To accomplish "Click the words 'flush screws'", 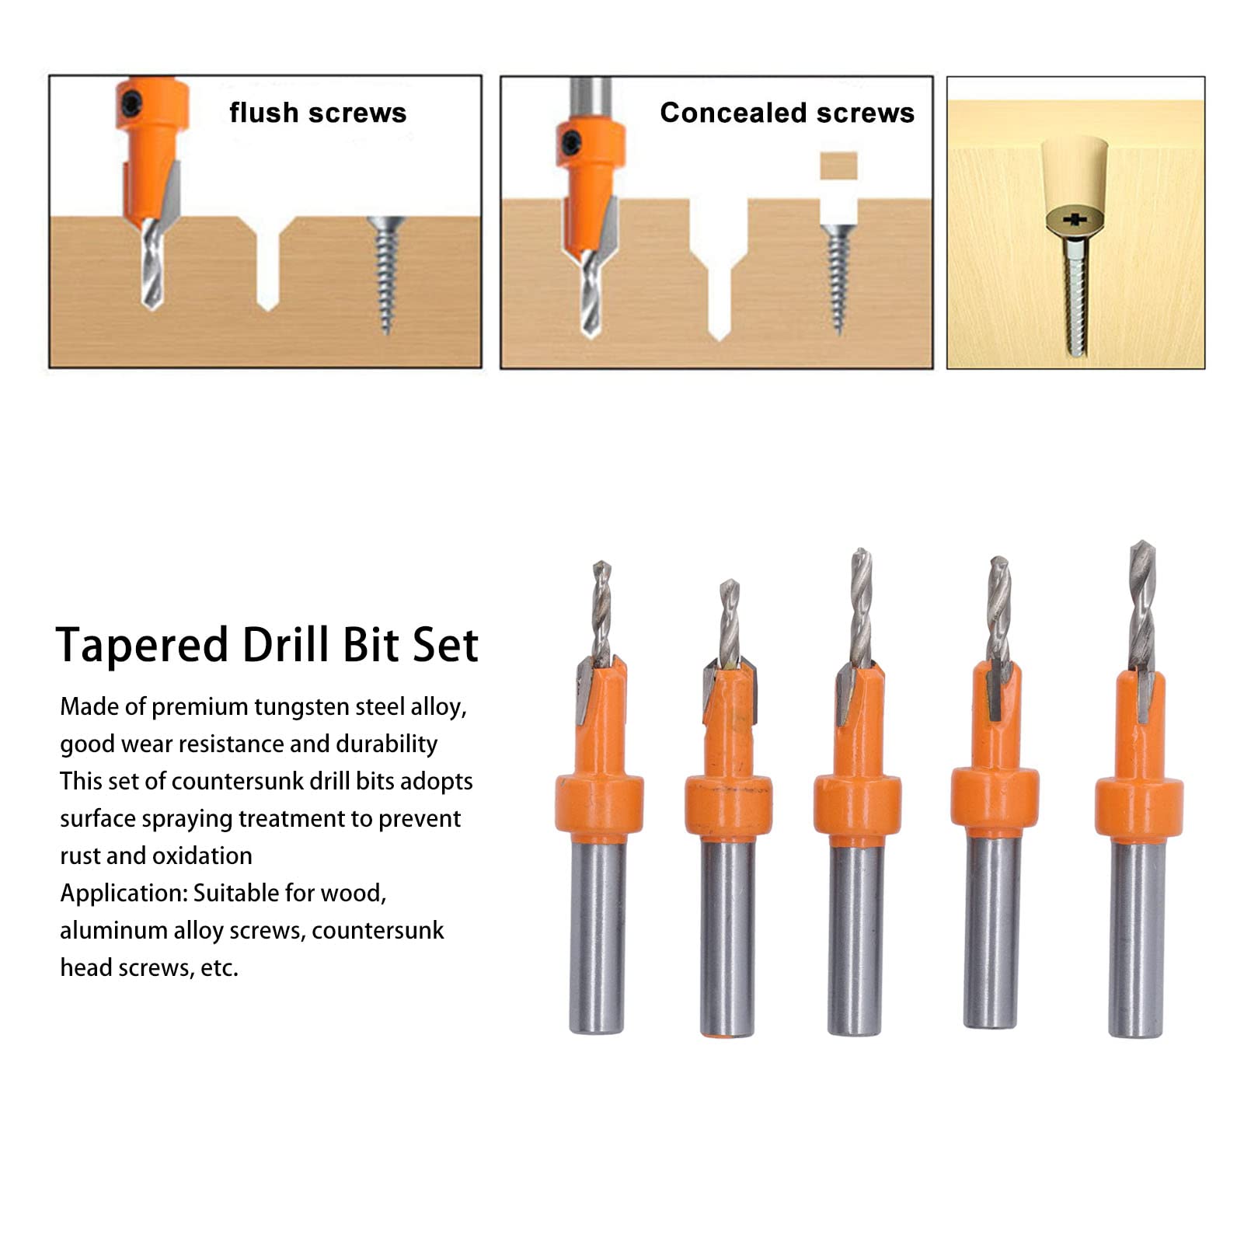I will (x=317, y=113).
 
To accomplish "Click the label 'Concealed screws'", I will (x=786, y=113).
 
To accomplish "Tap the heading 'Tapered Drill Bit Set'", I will (x=267, y=645).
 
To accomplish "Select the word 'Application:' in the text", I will (x=124, y=893).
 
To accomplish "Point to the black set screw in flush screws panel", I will (x=131, y=101).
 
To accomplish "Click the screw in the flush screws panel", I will (x=385, y=272).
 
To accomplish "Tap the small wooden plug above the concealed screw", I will (x=838, y=166).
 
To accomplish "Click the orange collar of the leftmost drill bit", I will (x=599, y=804).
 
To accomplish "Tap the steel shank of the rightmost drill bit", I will (x=1136, y=940).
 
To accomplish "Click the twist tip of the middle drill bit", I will (x=860, y=606).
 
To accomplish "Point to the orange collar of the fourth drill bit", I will (x=995, y=798).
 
